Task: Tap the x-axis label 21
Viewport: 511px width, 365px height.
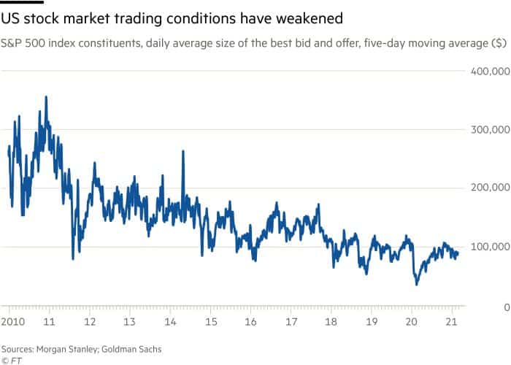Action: click(453, 322)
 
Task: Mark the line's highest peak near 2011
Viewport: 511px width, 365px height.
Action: click(47, 97)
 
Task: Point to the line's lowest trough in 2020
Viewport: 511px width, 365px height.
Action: click(417, 283)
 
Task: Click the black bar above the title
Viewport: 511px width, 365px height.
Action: click(23, 2)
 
